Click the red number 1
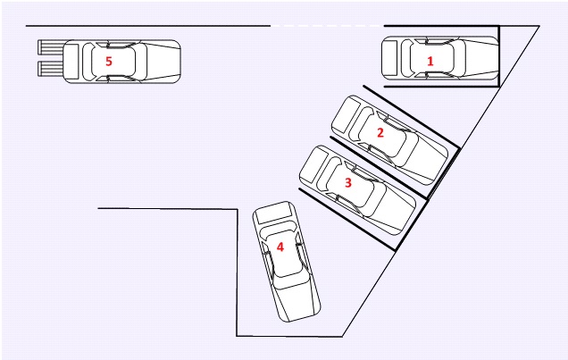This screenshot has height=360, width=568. point(430,61)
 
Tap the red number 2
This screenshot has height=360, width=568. point(380,132)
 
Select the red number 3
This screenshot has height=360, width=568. point(348,182)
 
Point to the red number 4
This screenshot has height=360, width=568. point(280,247)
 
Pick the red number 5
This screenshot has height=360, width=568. point(109,61)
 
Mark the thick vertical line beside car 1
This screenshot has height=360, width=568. point(498,55)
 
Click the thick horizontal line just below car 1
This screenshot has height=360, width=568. point(438,87)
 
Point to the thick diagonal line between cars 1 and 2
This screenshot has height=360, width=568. point(411,116)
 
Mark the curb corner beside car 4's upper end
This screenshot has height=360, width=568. point(237,209)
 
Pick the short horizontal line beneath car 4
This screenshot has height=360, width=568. point(289,336)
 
